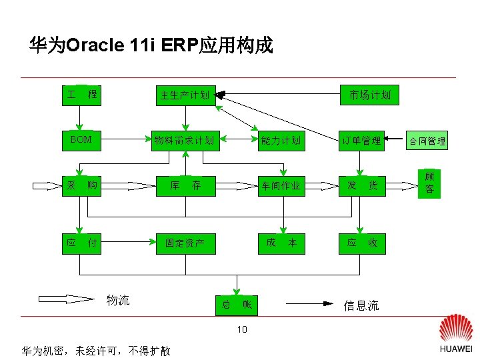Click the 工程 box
point(81,95)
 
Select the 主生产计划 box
point(184,95)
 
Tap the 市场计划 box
point(370,95)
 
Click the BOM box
point(81,140)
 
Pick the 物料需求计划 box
point(184,140)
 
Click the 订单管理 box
point(361,140)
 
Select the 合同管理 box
point(427,141)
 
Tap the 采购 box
point(81,185)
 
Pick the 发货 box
point(361,185)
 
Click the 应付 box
point(81,243)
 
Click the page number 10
point(241,329)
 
